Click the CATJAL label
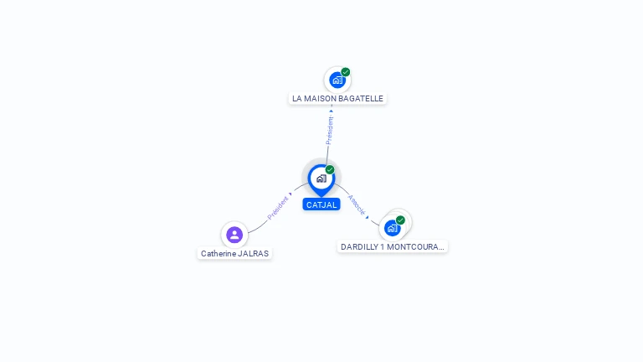coord(321,204)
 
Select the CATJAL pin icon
coord(321,178)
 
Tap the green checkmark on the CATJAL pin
coord(330,169)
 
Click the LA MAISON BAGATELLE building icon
coord(337,80)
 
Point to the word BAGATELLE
coord(362,99)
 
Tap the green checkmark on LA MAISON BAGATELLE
coord(345,72)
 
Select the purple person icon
coord(234,235)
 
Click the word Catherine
coord(217,253)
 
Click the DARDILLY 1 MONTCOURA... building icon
coord(392,227)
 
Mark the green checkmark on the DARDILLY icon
coord(400,220)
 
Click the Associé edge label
coord(356,204)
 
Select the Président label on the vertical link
coord(329,130)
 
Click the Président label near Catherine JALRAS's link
coord(277,209)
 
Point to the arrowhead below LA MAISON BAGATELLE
coord(331,110)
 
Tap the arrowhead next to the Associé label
coord(367,216)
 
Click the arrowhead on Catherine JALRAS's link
coord(291,194)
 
